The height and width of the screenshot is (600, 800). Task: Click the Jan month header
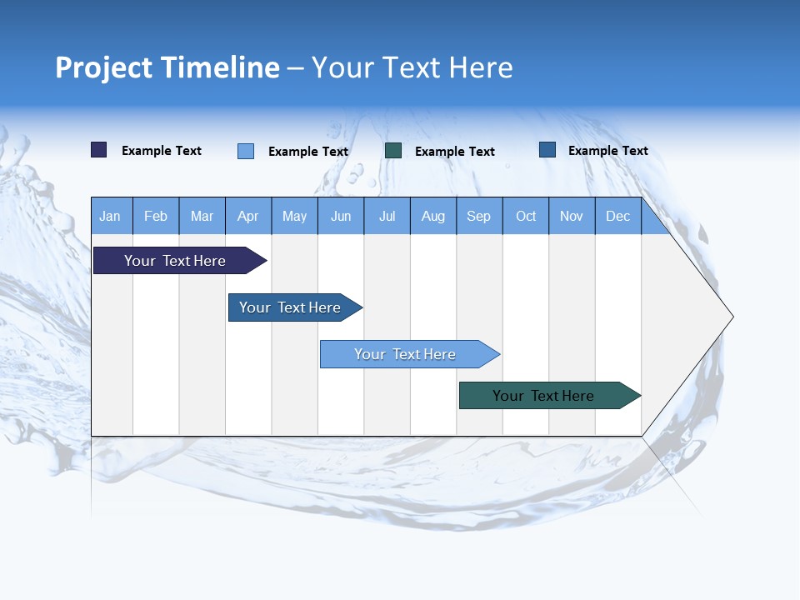[110, 216]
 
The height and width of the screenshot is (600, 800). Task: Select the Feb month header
[156, 216]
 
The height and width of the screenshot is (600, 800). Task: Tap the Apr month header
[248, 216]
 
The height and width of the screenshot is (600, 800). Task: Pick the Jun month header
[341, 216]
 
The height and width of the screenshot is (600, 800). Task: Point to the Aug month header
[433, 216]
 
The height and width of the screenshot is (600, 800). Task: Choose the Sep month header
[479, 216]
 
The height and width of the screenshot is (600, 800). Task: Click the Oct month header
[526, 216]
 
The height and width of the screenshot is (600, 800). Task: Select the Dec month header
[618, 216]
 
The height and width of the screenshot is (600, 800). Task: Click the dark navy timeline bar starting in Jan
[176, 261]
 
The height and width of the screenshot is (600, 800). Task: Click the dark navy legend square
[99, 150]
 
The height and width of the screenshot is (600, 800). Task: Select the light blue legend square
[246, 151]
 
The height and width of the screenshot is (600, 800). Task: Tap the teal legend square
[393, 150]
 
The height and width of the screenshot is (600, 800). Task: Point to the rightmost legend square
[547, 150]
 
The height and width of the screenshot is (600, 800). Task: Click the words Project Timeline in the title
[167, 67]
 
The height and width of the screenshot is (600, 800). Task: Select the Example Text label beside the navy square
[162, 151]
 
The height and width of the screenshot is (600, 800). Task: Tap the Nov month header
[572, 216]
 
